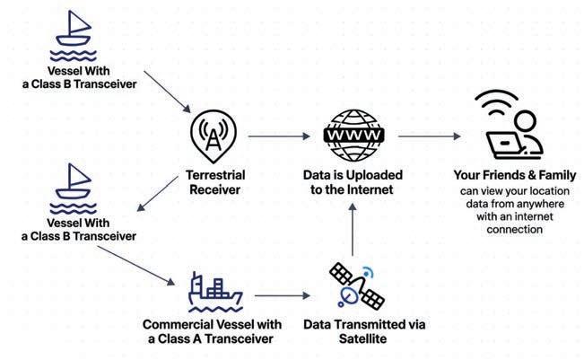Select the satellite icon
pos(352,284)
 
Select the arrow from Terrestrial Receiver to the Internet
pos(278,136)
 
